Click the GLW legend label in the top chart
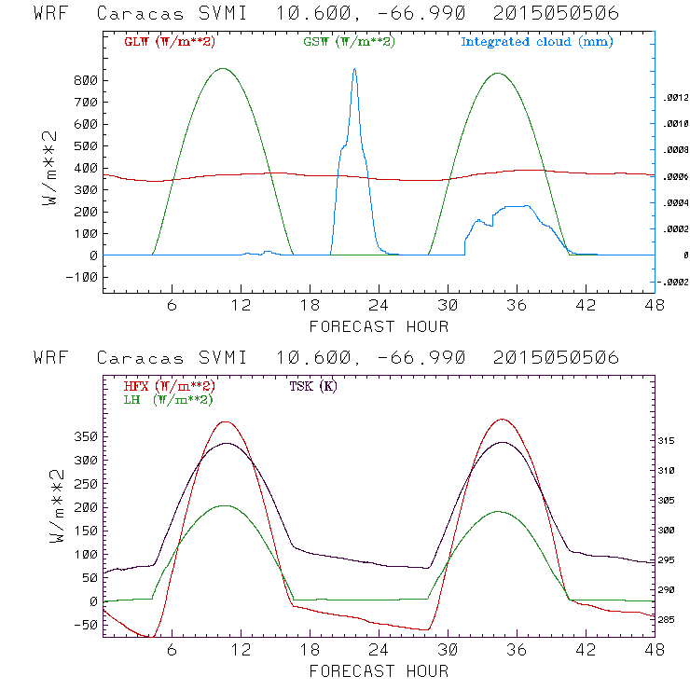[x=165, y=42]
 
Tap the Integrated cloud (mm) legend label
[x=536, y=42]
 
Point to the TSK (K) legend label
[x=313, y=386]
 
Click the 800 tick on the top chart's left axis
[x=87, y=80]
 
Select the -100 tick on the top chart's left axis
[x=83, y=277]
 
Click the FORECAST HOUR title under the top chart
[x=379, y=326]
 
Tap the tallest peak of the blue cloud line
[x=354, y=69]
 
